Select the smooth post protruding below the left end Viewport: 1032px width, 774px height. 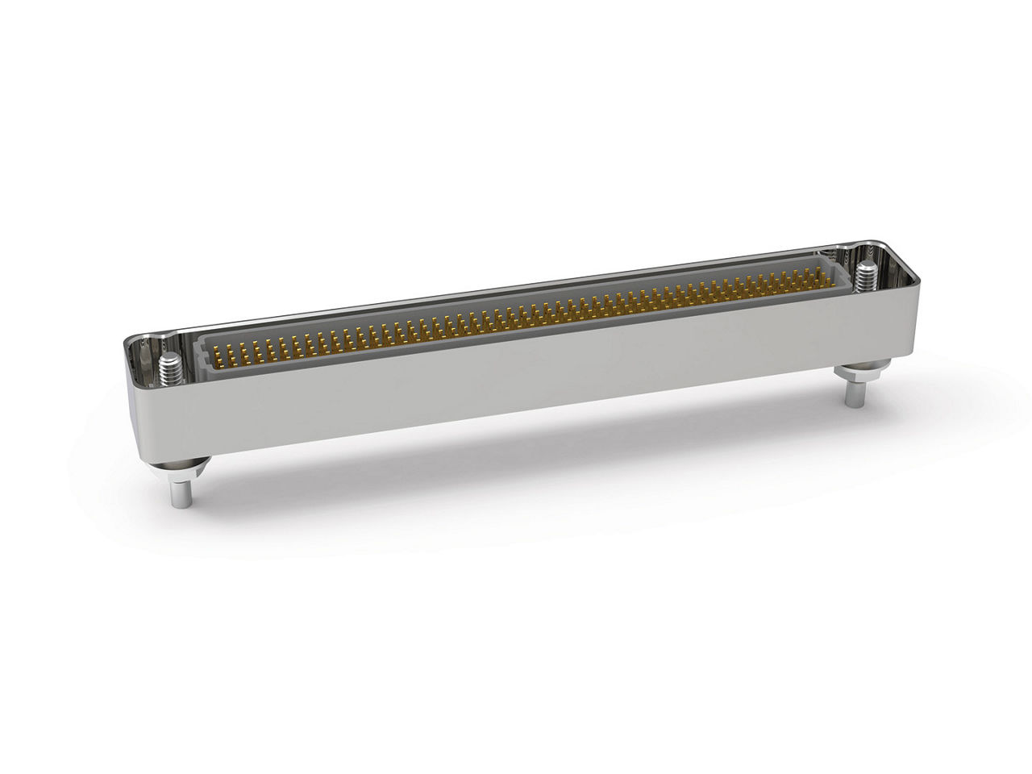(x=180, y=489)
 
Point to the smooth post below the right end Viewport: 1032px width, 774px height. (x=853, y=394)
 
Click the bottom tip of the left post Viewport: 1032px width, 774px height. (x=180, y=506)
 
